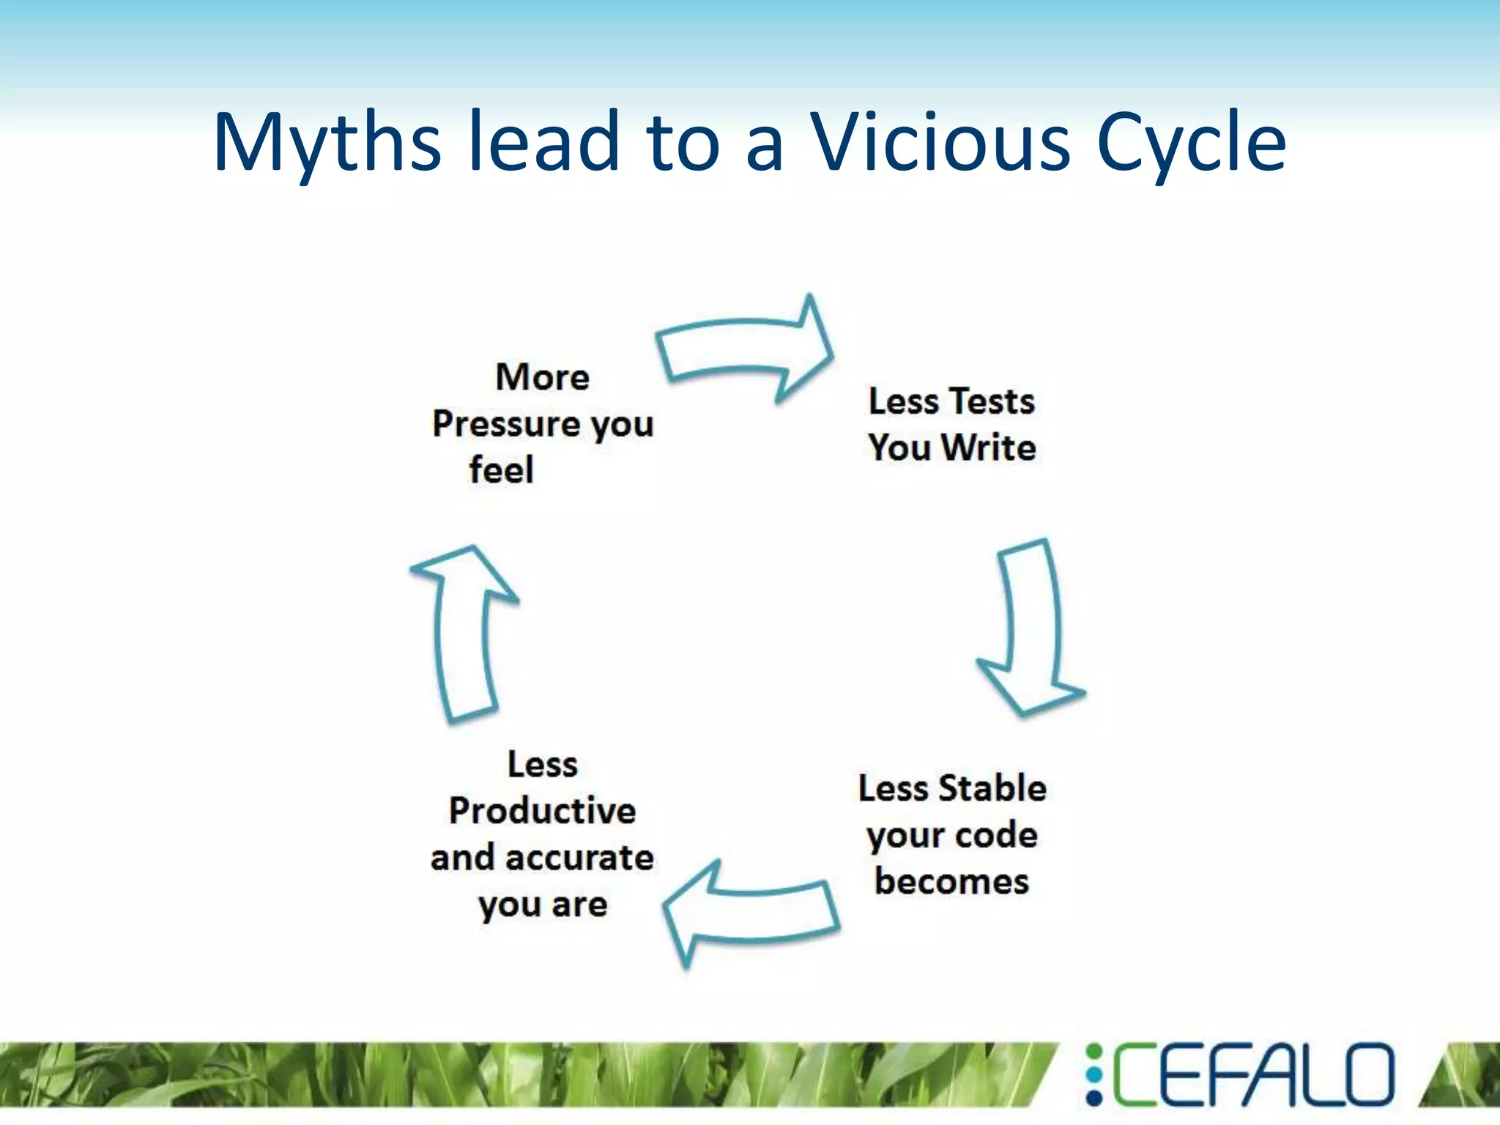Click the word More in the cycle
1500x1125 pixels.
pos(542,378)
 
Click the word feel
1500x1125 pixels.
pos(501,470)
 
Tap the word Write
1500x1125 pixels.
pos(989,448)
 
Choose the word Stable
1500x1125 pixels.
pos(992,789)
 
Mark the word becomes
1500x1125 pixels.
pos(951,881)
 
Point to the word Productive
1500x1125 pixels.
pos(542,811)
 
